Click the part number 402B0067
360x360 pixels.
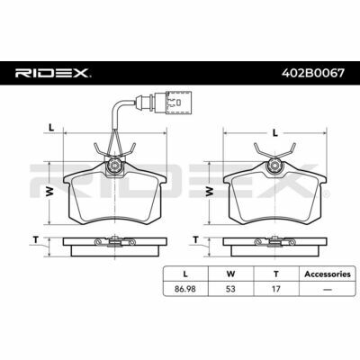coord(313,73)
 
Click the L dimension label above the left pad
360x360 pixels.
coord(51,128)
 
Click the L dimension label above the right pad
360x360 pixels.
coord(274,132)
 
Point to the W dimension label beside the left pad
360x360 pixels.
coord(50,192)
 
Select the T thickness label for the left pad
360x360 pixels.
coord(36,239)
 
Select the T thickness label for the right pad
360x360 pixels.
coord(196,239)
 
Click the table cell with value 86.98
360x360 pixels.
coord(185,289)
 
